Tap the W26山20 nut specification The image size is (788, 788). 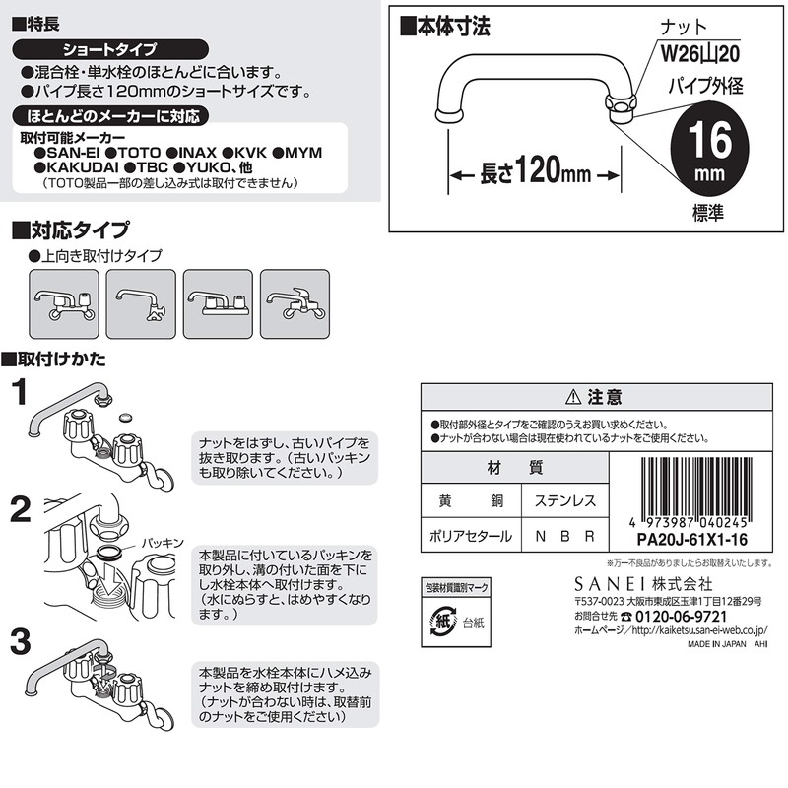pyautogui.click(x=700, y=53)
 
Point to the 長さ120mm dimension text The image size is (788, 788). pyautogui.click(x=535, y=170)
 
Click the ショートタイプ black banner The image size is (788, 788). pyautogui.click(x=110, y=49)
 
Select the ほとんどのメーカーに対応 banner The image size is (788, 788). pyautogui.click(x=110, y=116)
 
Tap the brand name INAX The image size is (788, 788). pyautogui.click(x=191, y=153)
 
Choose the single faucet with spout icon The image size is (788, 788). pyautogui.click(x=141, y=304)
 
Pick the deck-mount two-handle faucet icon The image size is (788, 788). pyautogui.click(x=218, y=304)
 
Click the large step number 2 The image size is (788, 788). pyautogui.click(x=21, y=510)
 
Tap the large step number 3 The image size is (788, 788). pyautogui.click(x=21, y=642)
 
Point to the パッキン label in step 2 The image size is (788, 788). pyautogui.click(x=163, y=544)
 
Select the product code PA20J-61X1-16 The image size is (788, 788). pyautogui.click(x=692, y=539)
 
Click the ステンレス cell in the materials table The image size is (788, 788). pyautogui.click(x=564, y=500)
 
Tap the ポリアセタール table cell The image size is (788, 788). pyautogui.click(x=471, y=536)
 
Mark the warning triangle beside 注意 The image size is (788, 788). pyautogui.click(x=573, y=398)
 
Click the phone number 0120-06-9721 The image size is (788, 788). pyautogui.click(x=681, y=617)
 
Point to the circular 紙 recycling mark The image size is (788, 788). pyautogui.click(x=442, y=623)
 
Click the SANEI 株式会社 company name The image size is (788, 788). pyautogui.click(x=643, y=584)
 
